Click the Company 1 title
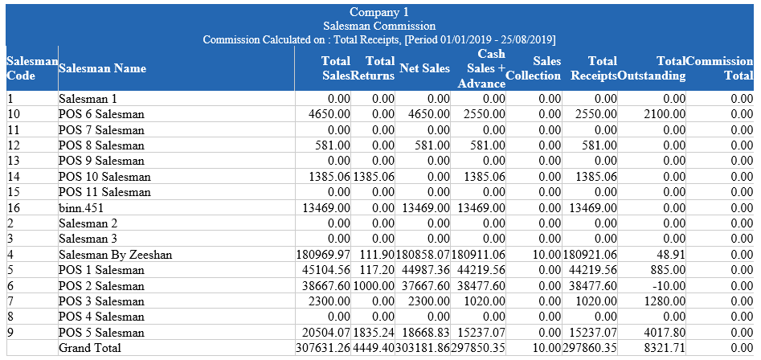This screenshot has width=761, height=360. [x=379, y=12]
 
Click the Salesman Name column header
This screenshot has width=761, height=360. [x=102, y=68]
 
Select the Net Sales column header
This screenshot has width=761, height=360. [x=424, y=68]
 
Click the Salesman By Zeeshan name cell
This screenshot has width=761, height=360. [x=116, y=255]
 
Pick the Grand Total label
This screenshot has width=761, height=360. [x=90, y=348]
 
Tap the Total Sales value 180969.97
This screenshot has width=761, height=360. [x=323, y=255]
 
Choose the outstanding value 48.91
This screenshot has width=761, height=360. [x=668, y=255]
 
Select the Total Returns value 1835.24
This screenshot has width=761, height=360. [x=374, y=333]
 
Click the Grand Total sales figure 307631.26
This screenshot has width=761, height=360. [x=323, y=348]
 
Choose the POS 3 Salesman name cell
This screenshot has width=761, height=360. [x=101, y=301]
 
